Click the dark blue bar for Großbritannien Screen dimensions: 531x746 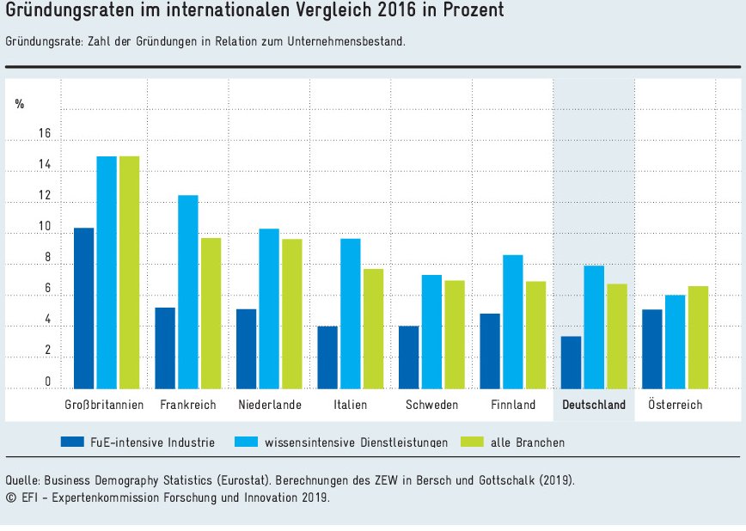[x=83, y=308]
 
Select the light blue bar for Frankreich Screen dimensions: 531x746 [x=187, y=291]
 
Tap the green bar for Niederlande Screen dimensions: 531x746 [x=292, y=314]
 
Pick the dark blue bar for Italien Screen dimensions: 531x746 [x=327, y=357]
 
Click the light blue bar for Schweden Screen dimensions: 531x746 [x=431, y=332]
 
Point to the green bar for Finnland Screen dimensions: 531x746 [x=535, y=334]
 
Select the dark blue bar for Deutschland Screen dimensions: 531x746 [x=571, y=362]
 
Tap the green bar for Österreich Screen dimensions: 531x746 [x=698, y=337]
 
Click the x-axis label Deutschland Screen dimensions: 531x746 [x=594, y=405]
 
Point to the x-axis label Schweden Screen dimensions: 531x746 [x=431, y=405]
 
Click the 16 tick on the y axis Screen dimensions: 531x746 [x=45, y=134]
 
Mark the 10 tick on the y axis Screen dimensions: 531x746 [x=45, y=228]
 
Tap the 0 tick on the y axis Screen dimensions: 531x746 [x=47, y=382]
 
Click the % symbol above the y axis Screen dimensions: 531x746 [x=20, y=104]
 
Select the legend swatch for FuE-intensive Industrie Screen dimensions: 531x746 [x=71, y=442]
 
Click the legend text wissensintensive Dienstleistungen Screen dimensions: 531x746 [x=356, y=442]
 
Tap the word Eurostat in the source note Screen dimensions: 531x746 [x=260, y=480]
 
